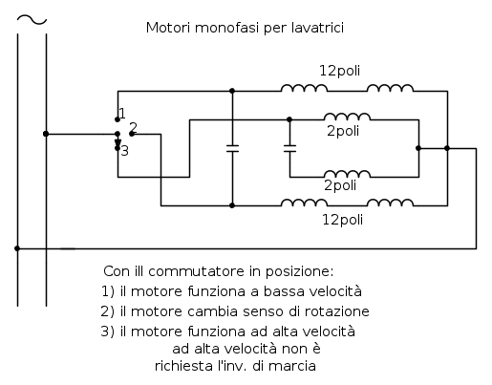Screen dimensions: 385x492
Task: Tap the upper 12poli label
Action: [x=341, y=70]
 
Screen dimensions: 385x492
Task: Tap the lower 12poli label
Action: [x=341, y=220]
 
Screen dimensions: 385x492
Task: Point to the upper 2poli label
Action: [x=342, y=130]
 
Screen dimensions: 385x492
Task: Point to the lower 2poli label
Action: [x=342, y=184]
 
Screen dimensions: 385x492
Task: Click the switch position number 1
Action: [x=122, y=113]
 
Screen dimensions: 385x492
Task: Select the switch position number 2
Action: [x=134, y=127]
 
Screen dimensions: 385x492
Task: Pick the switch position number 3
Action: [x=124, y=150]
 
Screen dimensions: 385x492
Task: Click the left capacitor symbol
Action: [x=232, y=148]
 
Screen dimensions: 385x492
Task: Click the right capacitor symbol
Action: [x=289, y=148]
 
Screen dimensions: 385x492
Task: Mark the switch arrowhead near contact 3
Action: [x=118, y=143]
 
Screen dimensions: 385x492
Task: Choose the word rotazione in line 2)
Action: [x=339, y=311]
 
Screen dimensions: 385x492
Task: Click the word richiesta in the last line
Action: [x=182, y=365]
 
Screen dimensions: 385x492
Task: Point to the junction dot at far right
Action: [x=447, y=148]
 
